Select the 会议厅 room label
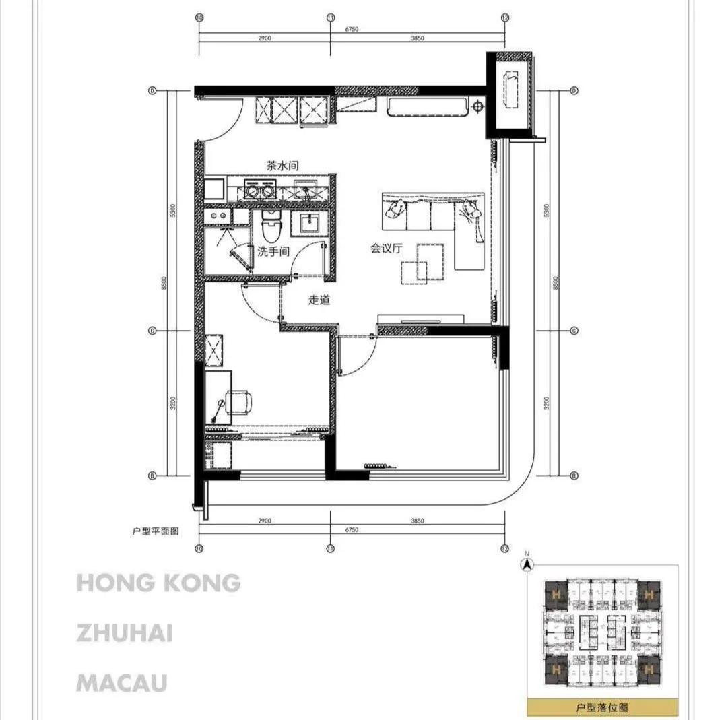click(386, 248)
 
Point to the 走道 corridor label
click(319, 300)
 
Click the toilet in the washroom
click(271, 227)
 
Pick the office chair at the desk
click(239, 402)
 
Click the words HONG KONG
click(158, 583)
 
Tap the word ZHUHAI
click(125, 633)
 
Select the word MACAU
click(122, 683)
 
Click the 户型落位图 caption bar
click(602, 708)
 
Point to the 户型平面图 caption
click(156, 531)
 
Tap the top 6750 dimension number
click(351, 29)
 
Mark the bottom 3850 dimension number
click(418, 521)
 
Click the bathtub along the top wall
click(428, 106)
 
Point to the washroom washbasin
click(310, 223)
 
